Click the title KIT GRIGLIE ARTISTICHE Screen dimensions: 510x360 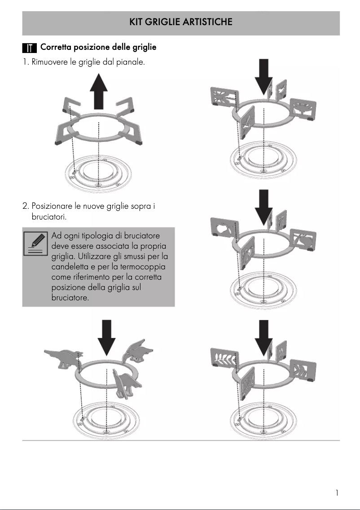coord(180,22)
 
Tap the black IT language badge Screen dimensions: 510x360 coord(29,48)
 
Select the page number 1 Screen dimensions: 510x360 coord(337,493)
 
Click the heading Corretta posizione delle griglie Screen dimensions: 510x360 coord(98,47)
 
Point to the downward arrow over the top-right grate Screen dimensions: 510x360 coord(264,75)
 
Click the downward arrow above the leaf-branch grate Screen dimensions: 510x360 coord(264,336)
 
